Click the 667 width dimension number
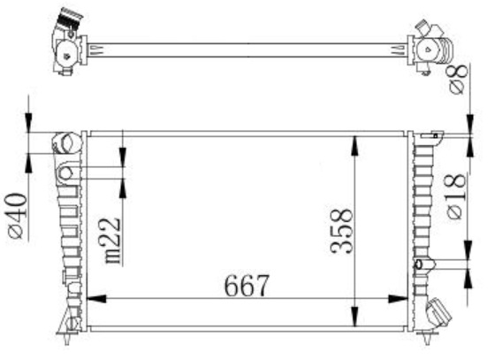point(247,286)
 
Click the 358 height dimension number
point(341,231)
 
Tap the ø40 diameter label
point(16,217)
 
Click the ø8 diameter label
point(457,79)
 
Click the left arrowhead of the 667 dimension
point(96,299)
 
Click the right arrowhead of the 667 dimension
point(398,299)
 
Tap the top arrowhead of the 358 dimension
point(355,146)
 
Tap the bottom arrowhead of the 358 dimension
point(355,317)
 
